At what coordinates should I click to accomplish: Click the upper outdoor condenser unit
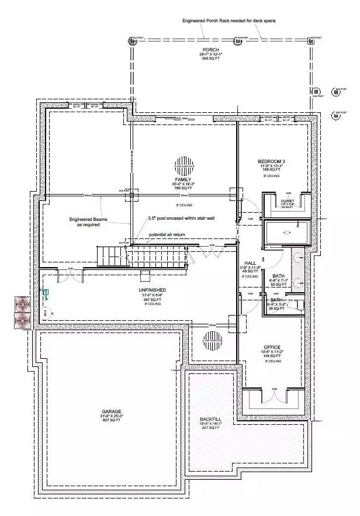[22, 304]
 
